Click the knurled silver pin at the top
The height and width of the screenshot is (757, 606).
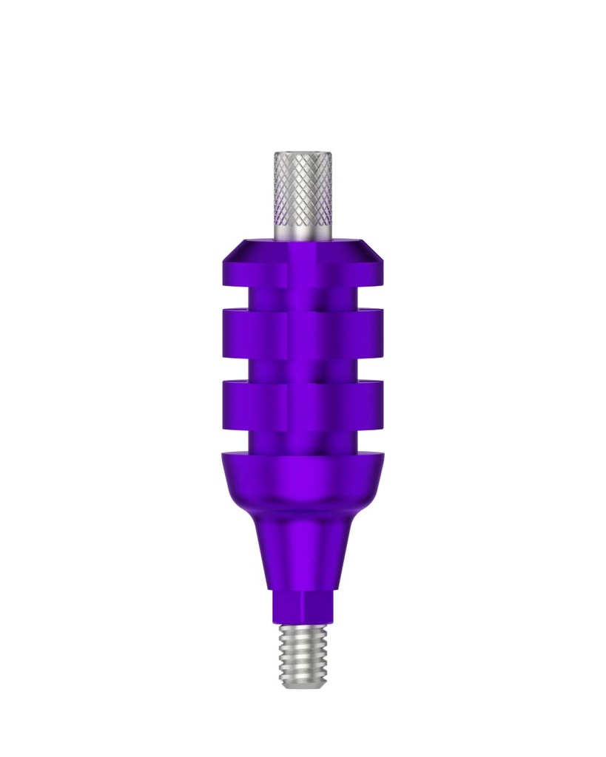point(303,189)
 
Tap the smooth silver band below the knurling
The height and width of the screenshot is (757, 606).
point(303,231)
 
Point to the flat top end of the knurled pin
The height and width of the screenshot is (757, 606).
point(303,154)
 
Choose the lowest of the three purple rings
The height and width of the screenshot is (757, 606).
point(303,404)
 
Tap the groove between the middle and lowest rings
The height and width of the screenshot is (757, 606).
point(303,367)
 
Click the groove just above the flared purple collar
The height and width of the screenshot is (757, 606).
point(303,441)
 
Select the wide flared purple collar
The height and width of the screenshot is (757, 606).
point(303,481)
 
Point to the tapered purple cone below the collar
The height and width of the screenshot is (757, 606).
point(303,551)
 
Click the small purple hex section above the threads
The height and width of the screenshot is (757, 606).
point(303,607)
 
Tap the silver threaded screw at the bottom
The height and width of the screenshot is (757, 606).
point(303,654)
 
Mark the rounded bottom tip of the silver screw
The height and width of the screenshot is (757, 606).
point(303,685)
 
